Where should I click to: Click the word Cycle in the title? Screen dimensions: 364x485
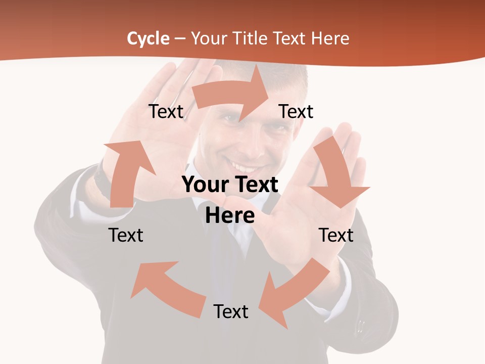(x=148, y=38)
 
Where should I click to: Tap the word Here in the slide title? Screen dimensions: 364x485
(x=330, y=38)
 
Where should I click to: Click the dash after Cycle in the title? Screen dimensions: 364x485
(x=180, y=39)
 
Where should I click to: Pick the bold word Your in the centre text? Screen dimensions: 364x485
(x=204, y=185)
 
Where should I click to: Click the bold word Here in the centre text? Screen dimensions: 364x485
(x=230, y=215)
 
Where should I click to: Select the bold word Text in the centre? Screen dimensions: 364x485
(x=256, y=185)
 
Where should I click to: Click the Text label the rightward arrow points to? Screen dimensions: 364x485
(x=296, y=111)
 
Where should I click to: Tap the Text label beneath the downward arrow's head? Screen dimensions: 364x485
(x=336, y=235)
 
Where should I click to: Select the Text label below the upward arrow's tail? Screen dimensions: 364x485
(x=126, y=235)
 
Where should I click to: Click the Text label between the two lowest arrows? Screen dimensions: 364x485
(x=231, y=311)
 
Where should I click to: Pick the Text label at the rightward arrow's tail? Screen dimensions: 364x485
(x=166, y=111)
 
